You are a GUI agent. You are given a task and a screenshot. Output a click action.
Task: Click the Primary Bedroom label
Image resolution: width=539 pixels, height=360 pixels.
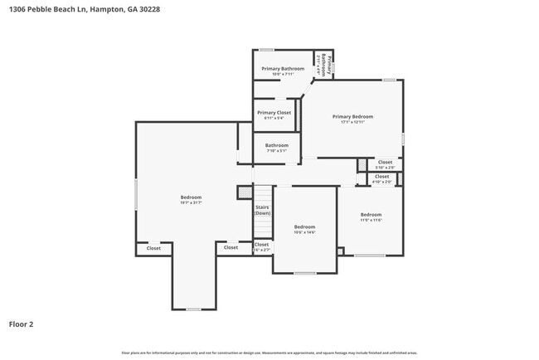pyautogui.click(x=352, y=117)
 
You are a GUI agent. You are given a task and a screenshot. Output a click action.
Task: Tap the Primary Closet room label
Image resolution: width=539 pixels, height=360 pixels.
pyautogui.click(x=274, y=113)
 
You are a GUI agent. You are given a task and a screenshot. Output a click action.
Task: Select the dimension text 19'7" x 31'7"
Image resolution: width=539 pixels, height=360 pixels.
pyautogui.click(x=192, y=202)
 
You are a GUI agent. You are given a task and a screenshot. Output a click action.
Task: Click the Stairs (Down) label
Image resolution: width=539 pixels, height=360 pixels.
pyautogui.click(x=262, y=210)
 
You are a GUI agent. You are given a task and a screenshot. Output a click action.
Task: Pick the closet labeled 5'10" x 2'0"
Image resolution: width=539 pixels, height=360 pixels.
pyautogui.click(x=385, y=163)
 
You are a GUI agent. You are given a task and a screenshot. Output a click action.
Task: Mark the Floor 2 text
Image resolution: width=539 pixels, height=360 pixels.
pyautogui.click(x=21, y=324)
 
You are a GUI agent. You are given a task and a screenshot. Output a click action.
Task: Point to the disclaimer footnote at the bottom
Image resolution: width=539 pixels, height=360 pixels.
pyautogui.click(x=269, y=352)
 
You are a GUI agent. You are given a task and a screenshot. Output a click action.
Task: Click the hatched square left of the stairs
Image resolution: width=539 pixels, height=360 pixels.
pyautogui.click(x=244, y=192)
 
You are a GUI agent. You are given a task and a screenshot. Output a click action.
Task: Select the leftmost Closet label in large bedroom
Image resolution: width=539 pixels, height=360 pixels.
pyautogui.click(x=153, y=248)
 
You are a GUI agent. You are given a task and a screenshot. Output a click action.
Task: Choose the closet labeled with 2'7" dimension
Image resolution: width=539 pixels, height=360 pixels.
pyautogui.click(x=261, y=246)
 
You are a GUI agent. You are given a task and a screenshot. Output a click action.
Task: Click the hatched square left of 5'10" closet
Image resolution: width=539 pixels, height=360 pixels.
pyautogui.click(x=362, y=164)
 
